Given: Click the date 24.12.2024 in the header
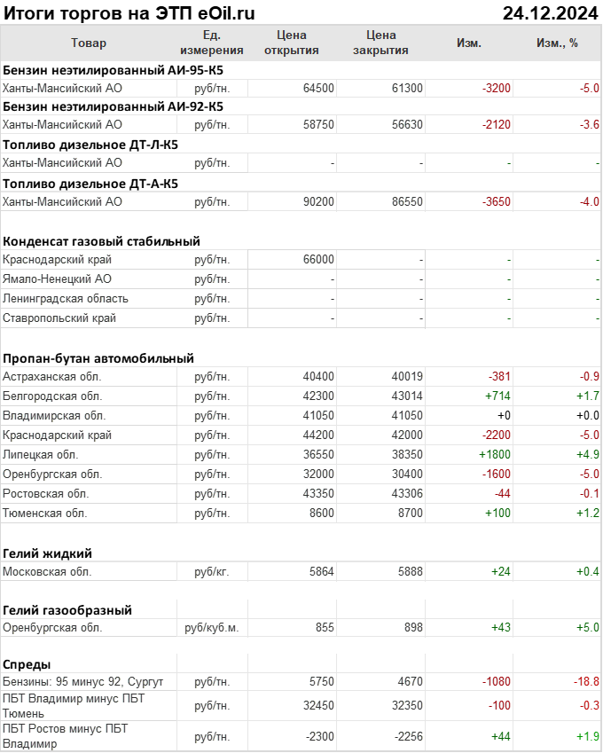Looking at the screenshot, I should pos(550,13).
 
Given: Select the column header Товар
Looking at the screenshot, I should pos(89,43).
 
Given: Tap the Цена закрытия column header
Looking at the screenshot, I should pos(380,43).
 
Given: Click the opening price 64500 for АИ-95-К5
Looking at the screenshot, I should pos(318,88).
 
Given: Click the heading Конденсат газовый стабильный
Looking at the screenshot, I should pos(102,241).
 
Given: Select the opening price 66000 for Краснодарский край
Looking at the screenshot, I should pos(318,260).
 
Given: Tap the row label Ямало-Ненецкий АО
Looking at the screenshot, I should pos(58,279).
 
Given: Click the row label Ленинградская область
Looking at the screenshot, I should pos(66,299).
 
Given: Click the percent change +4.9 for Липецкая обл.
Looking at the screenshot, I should pos(585,454).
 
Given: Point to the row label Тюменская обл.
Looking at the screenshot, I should pos(45,513).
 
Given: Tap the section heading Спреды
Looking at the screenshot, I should pos(27,664).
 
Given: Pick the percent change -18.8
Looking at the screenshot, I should pos(586,681).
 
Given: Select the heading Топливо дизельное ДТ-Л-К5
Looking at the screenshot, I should pos(90,145).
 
